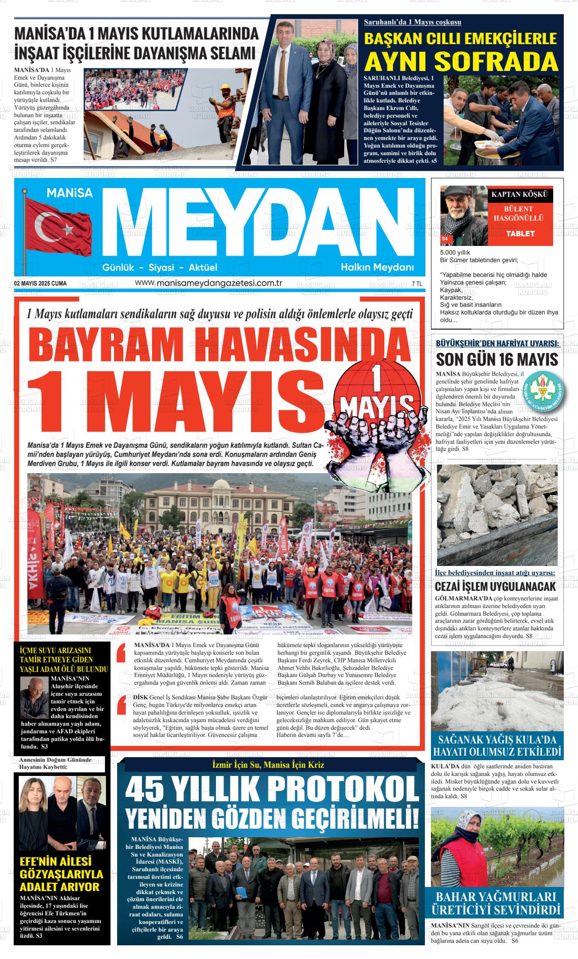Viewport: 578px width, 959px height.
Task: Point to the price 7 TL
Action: [417, 283]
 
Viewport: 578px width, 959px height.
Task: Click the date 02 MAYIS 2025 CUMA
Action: [41, 283]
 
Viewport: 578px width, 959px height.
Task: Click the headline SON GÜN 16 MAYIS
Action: [497, 360]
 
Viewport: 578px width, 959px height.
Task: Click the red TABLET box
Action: [520, 234]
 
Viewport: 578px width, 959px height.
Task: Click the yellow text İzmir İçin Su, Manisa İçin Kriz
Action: [268, 765]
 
